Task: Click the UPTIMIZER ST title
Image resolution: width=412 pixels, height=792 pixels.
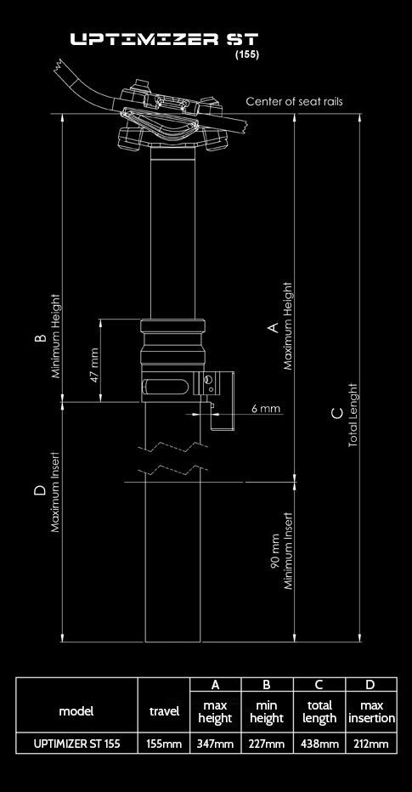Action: tap(165, 40)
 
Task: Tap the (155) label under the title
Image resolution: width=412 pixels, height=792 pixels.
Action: tap(247, 55)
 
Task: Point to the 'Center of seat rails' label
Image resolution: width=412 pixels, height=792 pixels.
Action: tap(295, 101)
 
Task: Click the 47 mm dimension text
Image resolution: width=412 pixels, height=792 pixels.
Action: tap(94, 365)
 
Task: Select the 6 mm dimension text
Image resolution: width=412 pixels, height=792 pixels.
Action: tap(266, 408)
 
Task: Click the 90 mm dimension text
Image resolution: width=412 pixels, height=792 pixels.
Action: tap(275, 552)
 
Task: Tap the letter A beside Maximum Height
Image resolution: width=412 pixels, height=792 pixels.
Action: tap(274, 328)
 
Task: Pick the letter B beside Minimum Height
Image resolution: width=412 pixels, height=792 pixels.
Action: tap(41, 338)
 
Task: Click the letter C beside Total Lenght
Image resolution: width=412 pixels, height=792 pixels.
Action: tap(338, 414)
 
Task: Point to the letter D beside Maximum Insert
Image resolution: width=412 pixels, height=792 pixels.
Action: tap(41, 490)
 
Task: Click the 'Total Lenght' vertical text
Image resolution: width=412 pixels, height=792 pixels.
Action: tap(353, 416)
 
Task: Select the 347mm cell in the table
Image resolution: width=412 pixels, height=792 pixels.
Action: tap(216, 744)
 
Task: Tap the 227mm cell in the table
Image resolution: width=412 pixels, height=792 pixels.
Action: tap(267, 744)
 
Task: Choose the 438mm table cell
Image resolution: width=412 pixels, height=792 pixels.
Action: tap(319, 744)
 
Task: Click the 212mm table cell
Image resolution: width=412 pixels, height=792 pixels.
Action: tap(371, 744)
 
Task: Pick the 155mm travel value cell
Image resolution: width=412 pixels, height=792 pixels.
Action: tap(164, 744)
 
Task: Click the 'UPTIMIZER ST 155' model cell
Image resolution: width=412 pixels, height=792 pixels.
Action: tap(76, 744)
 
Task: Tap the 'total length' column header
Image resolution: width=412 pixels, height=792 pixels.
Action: tap(319, 711)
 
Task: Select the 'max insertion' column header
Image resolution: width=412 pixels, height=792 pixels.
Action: tap(371, 711)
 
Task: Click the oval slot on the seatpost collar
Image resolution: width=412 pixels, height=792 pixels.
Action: tap(167, 387)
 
